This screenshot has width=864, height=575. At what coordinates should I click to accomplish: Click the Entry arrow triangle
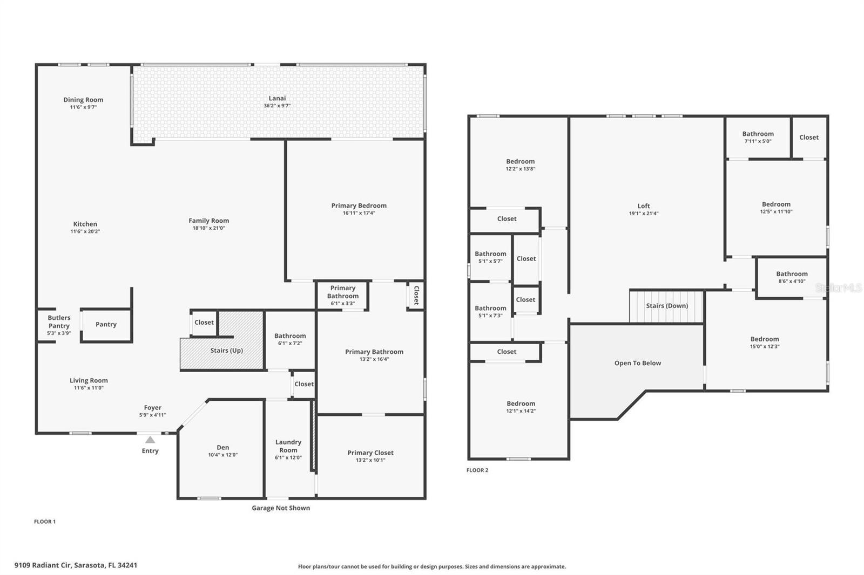(x=150, y=440)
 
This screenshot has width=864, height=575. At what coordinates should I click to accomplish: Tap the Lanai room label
(x=278, y=98)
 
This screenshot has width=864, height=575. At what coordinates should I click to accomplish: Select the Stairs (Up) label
(x=226, y=350)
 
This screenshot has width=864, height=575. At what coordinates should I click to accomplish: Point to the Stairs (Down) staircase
(x=666, y=306)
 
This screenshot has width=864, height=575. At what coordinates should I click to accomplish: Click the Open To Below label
(x=638, y=363)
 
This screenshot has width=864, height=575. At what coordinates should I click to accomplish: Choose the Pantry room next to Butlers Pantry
(x=106, y=325)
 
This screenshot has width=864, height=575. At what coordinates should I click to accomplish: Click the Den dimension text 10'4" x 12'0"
(x=223, y=455)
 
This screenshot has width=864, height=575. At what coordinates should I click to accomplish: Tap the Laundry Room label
(x=288, y=446)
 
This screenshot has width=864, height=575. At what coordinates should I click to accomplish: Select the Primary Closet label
(x=370, y=453)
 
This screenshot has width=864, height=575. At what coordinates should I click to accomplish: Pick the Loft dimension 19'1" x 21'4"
(x=644, y=214)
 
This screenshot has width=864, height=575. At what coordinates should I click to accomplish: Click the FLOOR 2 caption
(x=477, y=470)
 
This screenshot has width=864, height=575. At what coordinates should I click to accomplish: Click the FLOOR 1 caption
(x=45, y=522)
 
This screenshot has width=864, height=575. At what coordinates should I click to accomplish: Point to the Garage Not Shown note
(x=281, y=508)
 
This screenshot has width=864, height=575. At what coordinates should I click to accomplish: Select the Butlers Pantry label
(x=59, y=322)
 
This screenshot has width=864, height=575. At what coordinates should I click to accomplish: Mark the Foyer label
(x=153, y=408)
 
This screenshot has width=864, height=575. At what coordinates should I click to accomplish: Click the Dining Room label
(x=83, y=100)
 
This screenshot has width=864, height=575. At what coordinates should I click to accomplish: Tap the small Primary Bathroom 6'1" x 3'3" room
(x=342, y=296)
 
